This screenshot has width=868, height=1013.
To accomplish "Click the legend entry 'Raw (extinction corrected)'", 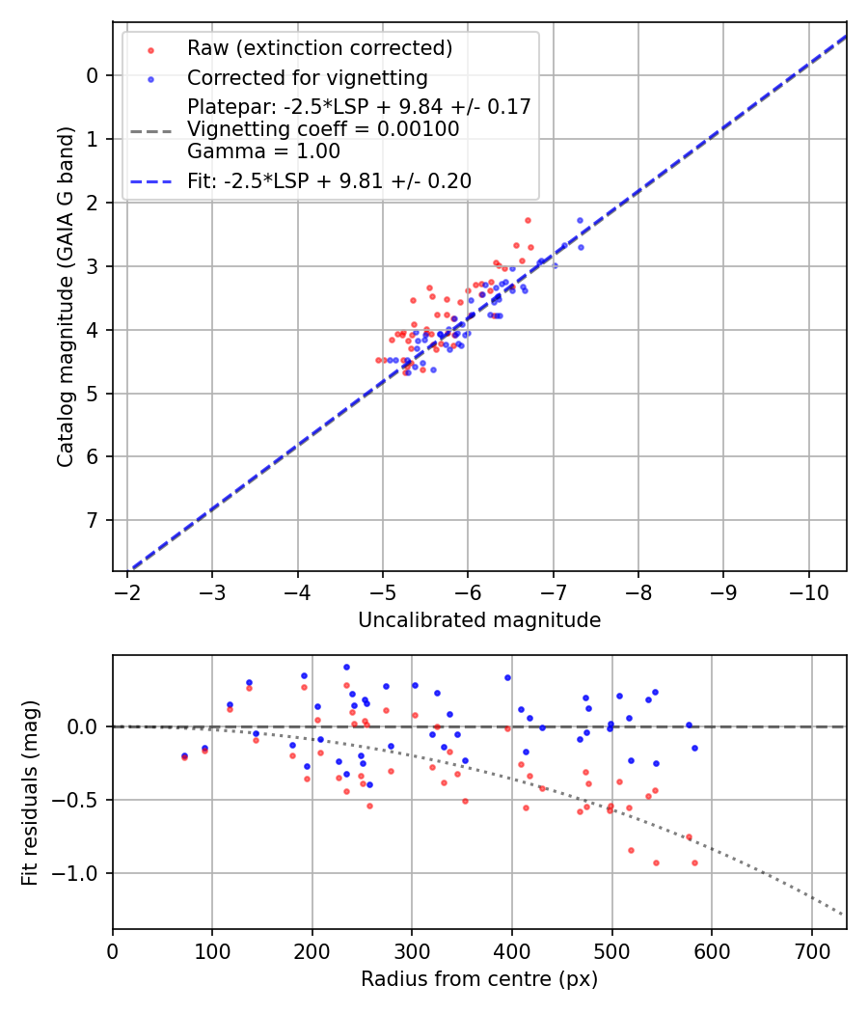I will (x=319, y=47).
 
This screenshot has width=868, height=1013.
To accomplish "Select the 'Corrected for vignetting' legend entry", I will (x=308, y=77).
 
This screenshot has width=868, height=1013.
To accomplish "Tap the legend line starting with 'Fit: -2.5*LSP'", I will (x=329, y=180).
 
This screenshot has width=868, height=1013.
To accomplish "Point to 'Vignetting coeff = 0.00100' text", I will (x=323, y=129).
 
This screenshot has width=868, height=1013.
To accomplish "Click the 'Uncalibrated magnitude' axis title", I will (x=479, y=620).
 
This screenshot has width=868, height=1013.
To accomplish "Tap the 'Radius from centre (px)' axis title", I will (x=479, y=979).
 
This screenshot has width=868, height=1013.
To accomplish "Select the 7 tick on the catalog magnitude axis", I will (x=93, y=521).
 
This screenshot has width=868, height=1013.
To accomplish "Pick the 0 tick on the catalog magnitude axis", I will (x=93, y=75).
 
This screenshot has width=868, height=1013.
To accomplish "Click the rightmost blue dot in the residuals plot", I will (x=694, y=748).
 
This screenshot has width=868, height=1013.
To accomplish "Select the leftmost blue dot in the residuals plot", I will (x=184, y=755).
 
